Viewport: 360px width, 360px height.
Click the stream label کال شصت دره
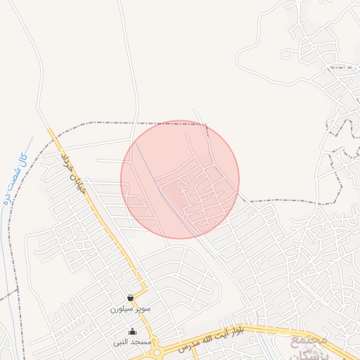click(15, 179)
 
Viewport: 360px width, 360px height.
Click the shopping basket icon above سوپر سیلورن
click(131, 297)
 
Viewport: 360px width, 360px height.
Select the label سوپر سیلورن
click(127, 309)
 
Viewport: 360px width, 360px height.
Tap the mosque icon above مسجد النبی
click(132, 331)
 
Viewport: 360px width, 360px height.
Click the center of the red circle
click(180, 179)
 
